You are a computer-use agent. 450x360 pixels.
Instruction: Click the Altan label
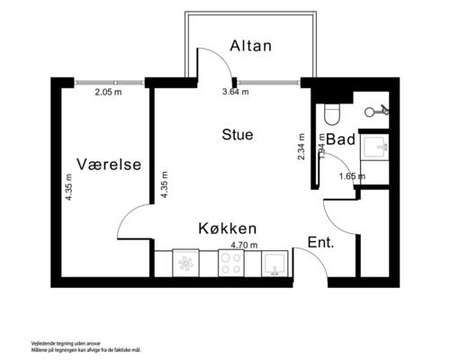(250, 46)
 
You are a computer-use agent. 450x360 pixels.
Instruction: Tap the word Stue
(238, 134)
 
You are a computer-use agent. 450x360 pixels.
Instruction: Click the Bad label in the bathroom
(341, 139)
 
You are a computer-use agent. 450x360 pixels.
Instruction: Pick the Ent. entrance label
(320, 243)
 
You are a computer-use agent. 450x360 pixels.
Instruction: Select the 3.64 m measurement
(235, 91)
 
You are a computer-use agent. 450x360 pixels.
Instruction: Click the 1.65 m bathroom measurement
(351, 176)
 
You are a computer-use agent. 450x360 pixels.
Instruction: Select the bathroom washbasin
(372, 147)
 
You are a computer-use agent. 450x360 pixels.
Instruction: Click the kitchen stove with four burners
(230, 264)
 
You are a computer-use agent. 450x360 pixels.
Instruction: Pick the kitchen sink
(274, 264)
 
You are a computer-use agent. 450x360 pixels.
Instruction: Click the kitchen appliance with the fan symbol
(186, 264)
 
